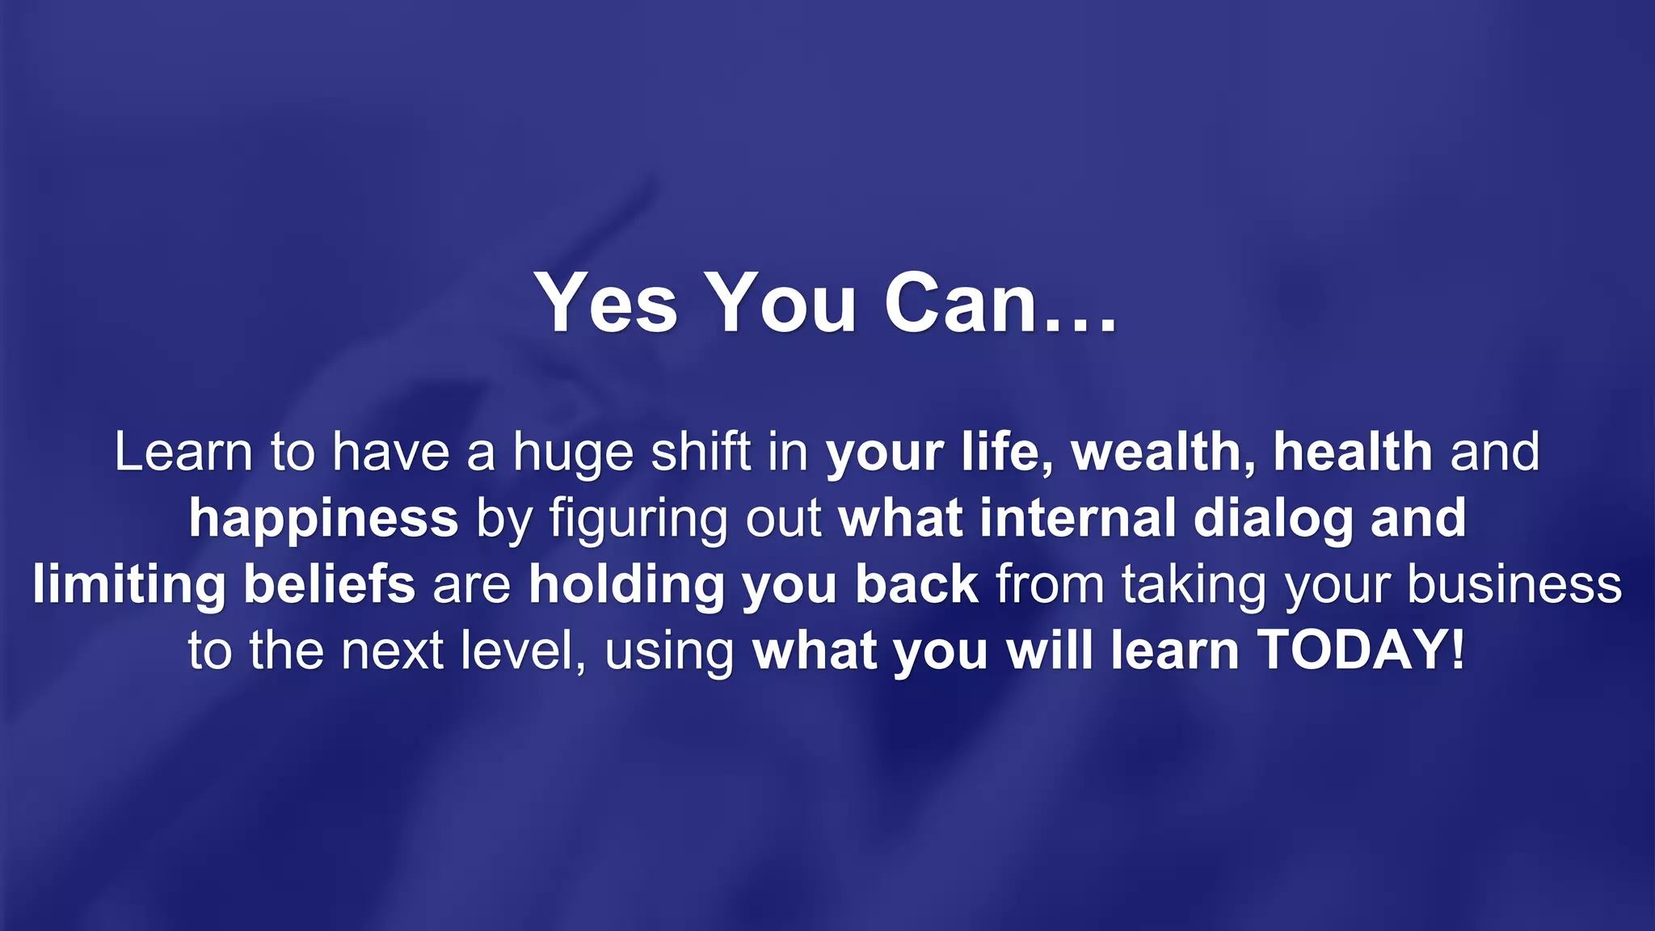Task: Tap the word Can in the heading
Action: pos(960,303)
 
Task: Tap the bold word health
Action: pos(1353,452)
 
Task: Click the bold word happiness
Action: pos(323,520)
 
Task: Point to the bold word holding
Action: pos(627,586)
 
